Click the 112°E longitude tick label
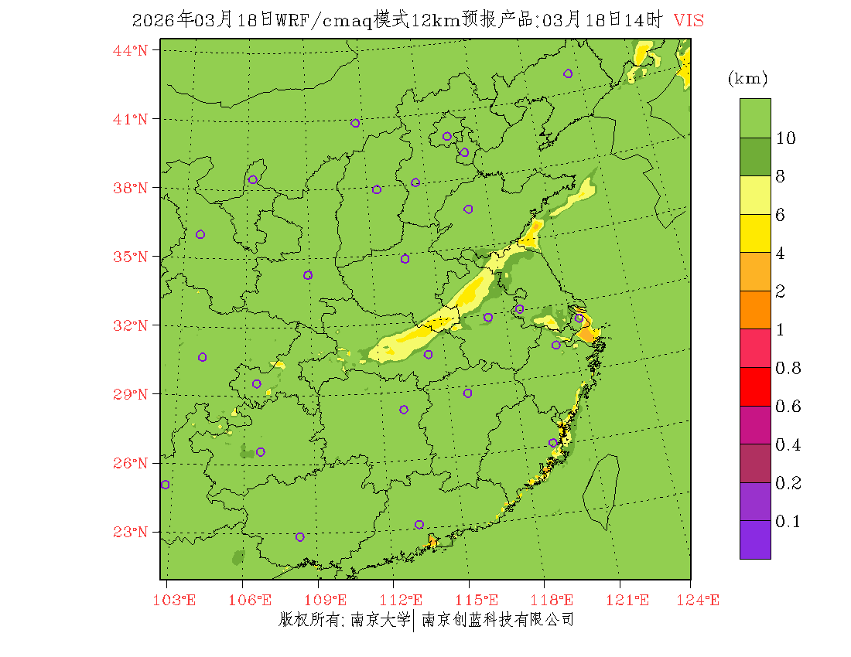tap(406, 601)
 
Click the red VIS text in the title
tap(689, 21)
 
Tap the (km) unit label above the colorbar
tap(747, 79)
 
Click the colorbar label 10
tap(786, 138)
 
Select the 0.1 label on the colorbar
tap(788, 522)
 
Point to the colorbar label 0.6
tap(788, 407)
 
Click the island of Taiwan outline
tap(601, 491)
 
